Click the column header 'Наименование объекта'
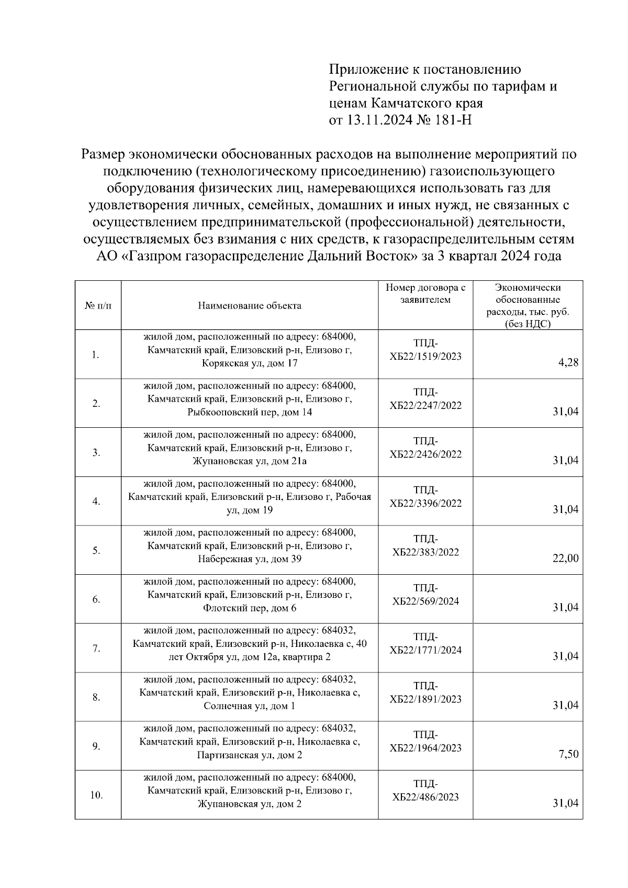pyautogui.click(x=249, y=306)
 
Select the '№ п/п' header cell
pyautogui.click(x=97, y=306)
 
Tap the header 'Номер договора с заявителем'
pyautogui.click(x=425, y=293)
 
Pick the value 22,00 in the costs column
pyautogui.click(x=566, y=558)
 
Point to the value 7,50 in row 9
pyautogui.click(x=568, y=754)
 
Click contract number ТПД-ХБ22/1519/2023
pyautogui.click(x=425, y=350)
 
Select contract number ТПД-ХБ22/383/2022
pyautogui.click(x=425, y=545)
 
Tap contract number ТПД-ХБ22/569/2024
pyautogui.click(x=425, y=595)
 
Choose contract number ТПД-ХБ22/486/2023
pyautogui.click(x=425, y=790)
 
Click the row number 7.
pyautogui.click(x=96, y=648)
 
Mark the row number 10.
pyautogui.click(x=96, y=795)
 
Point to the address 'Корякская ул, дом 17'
pyautogui.click(x=250, y=363)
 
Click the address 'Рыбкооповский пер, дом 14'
pyautogui.click(x=250, y=412)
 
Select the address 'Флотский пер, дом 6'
pyautogui.click(x=250, y=608)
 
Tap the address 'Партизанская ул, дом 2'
pyautogui.click(x=250, y=755)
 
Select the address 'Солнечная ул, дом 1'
pyautogui.click(x=250, y=706)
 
